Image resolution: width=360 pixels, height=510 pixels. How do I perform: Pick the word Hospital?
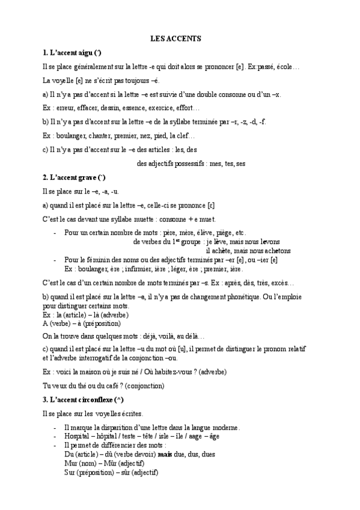[x=76, y=437]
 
